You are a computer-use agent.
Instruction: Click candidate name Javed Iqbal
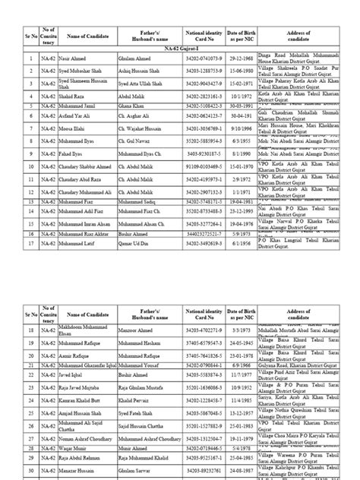pyautogui.click(x=61, y=374)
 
